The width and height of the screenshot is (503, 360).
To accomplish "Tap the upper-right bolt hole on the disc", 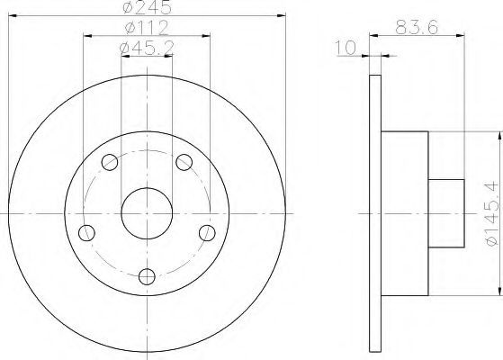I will click(x=184, y=162).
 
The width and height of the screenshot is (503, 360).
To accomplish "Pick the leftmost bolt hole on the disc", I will click(x=87, y=233).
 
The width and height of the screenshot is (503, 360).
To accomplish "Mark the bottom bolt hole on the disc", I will click(x=147, y=276).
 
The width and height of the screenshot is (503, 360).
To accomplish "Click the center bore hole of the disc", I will click(x=147, y=212).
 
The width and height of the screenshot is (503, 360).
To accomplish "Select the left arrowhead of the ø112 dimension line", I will click(x=86, y=37).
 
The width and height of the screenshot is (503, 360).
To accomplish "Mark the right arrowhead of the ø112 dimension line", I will click(x=207, y=37).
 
